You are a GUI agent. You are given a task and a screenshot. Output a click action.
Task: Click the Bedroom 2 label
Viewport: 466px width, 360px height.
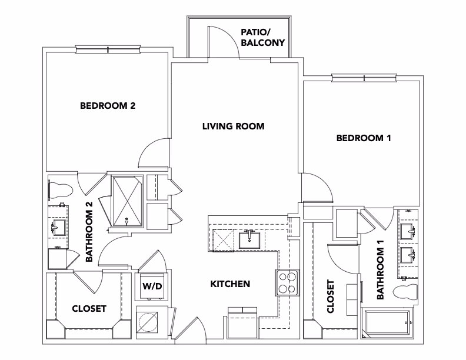pyautogui.click(x=108, y=106)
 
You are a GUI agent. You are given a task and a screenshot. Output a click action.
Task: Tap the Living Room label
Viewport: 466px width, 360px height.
pyautogui.click(x=233, y=126)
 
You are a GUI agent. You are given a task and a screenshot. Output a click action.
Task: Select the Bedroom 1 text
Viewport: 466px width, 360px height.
pyautogui.click(x=364, y=138)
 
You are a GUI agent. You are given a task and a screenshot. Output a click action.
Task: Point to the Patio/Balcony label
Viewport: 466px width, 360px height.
pyautogui.click(x=263, y=38)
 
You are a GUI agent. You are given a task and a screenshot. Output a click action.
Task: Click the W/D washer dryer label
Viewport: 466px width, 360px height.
pyautogui.click(x=152, y=286)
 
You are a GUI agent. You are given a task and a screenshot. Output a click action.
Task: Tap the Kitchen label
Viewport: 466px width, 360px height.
pyautogui.click(x=230, y=284)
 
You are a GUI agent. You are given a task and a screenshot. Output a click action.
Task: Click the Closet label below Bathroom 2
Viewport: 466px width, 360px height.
pyautogui.click(x=89, y=308)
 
